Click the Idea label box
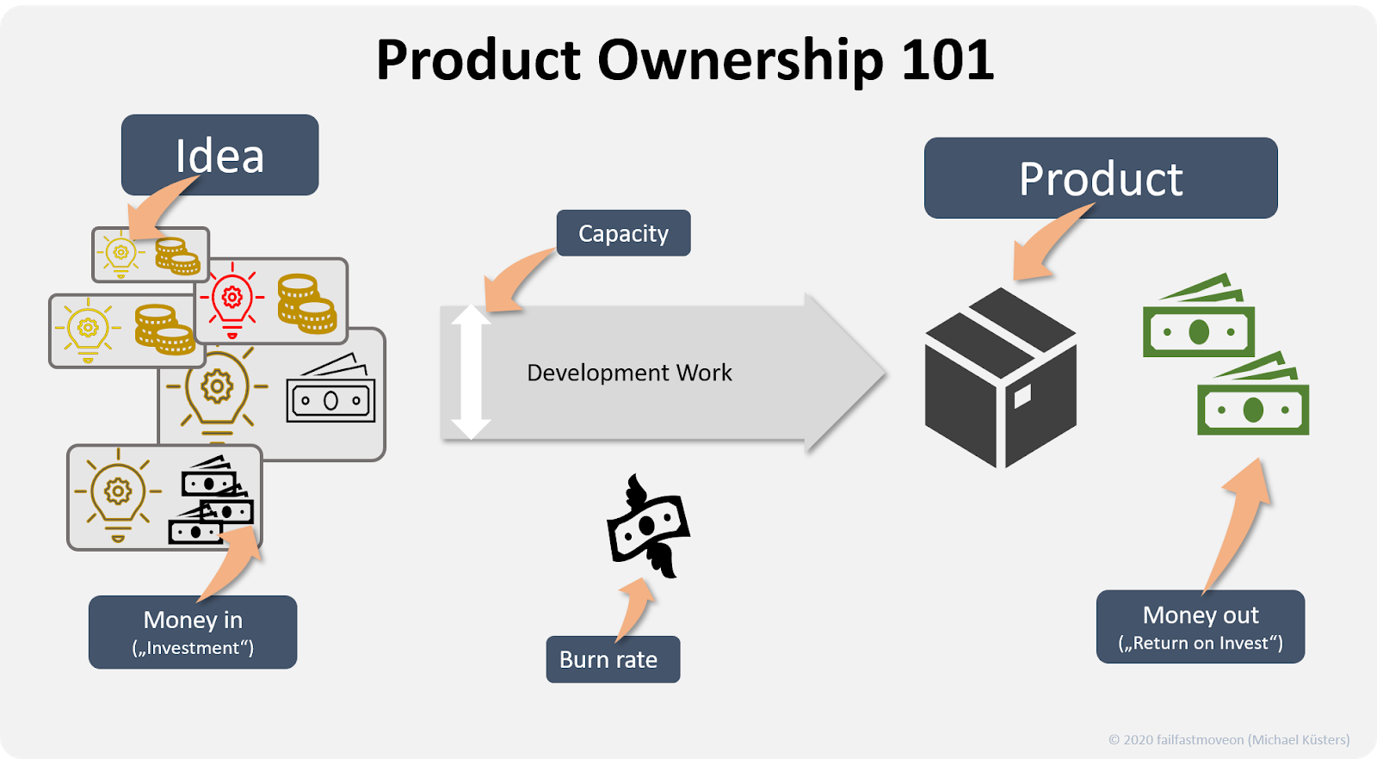pyautogui.click(x=219, y=155)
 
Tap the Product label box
pyautogui.click(x=1100, y=178)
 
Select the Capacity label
pyautogui.click(x=623, y=233)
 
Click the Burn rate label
pyautogui.click(x=612, y=659)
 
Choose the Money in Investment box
pyautogui.click(x=193, y=632)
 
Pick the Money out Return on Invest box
pyautogui.click(x=1200, y=626)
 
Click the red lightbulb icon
pyautogui.click(x=232, y=301)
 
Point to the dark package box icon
pyautogui.click(x=1000, y=378)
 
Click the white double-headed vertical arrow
pyautogui.click(x=471, y=372)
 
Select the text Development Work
pyautogui.click(x=629, y=373)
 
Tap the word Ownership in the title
pyautogui.click(x=740, y=60)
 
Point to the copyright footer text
pyautogui.click(x=1228, y=739)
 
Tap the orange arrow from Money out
pyautogui.click(x=1239, y=525)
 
